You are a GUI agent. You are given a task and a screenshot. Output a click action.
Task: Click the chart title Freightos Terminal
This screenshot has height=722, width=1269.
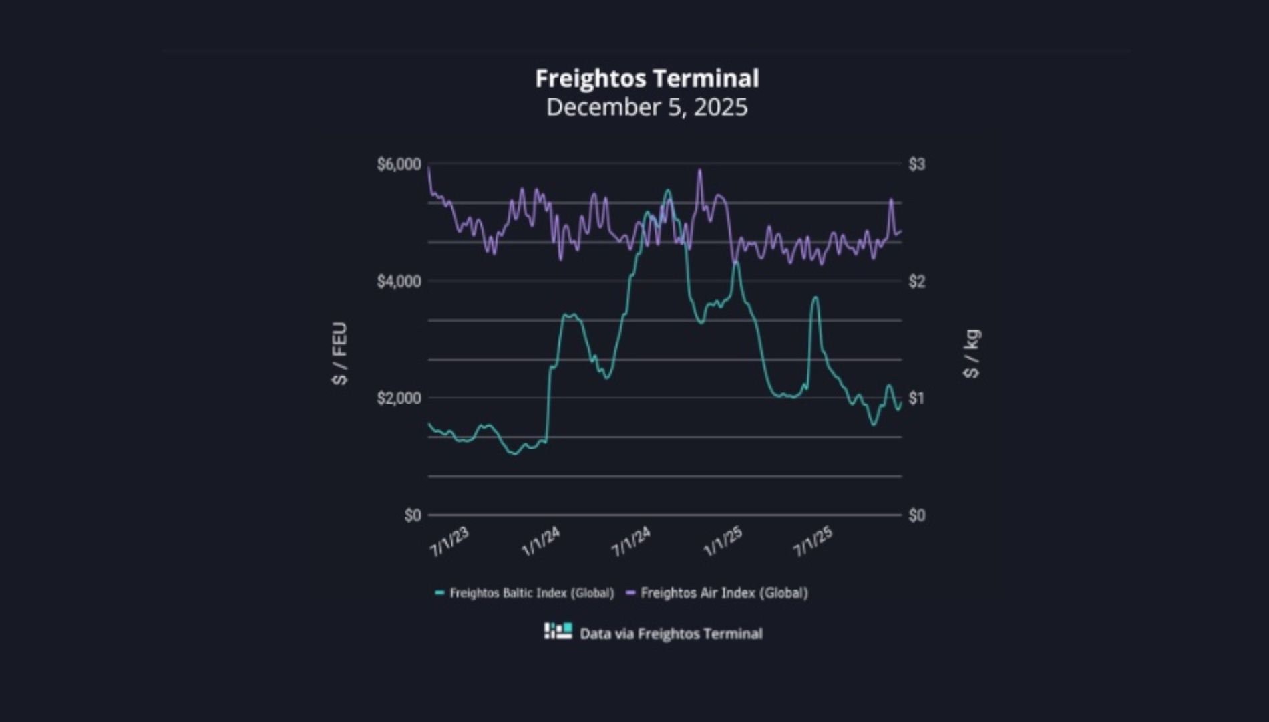tap(647, 78)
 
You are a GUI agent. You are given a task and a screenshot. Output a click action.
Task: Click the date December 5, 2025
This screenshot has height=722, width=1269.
tap(647, 107)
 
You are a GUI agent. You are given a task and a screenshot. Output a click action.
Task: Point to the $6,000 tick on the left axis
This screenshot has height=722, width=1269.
tap(399, 164)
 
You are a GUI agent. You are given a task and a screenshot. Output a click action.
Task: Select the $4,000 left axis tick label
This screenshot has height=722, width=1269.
tap(399, 281)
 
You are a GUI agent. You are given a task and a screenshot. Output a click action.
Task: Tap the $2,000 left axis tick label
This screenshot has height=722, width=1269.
tap(399, 398)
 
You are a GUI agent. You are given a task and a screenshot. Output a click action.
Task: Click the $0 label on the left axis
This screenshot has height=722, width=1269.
tap(412, 515)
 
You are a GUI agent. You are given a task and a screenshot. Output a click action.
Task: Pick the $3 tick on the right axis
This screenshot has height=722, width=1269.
tap(916, 164)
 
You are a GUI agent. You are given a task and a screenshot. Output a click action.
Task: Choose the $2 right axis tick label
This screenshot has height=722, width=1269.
tap(916, 281)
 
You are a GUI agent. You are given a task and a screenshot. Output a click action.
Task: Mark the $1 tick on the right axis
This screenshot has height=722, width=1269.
tap(916, 398)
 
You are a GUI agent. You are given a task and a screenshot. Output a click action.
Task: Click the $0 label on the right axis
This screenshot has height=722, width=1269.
tap(916, 515)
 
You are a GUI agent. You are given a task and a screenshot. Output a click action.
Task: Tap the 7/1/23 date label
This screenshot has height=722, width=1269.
tap(449, 542)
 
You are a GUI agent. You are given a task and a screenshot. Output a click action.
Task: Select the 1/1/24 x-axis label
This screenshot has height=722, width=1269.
tap(540, 542)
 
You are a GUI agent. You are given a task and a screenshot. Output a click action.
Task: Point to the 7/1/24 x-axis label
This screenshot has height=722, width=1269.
tap(631, 542)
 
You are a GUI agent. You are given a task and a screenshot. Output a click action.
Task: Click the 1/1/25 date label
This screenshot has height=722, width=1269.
tap(723, 542)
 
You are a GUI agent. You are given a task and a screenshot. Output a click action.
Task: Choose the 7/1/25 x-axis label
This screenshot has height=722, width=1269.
tap(813, 542)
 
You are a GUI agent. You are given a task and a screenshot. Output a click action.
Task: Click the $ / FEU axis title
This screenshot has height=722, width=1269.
tap(340, 354)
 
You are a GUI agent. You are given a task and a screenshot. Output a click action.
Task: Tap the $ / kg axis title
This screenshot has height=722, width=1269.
tap(972, 354)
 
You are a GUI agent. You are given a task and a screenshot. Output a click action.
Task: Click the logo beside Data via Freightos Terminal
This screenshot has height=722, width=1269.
tap(558, 631)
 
